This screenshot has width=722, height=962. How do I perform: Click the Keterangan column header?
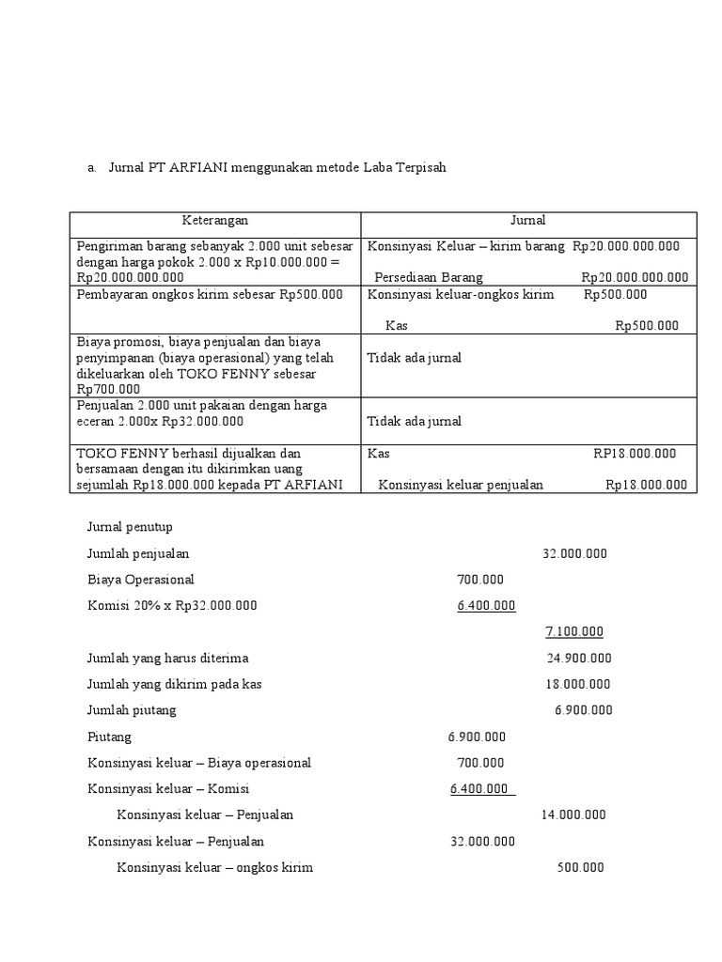pyautogui.click(x=214, y=221)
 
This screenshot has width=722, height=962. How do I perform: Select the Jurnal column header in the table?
pyautogui.click(x=527, y=221)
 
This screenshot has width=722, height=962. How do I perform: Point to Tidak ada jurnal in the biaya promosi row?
pyautogui.click(x=414, y=358)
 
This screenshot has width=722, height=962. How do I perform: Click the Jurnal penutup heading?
pyautogui.click(x=130, y=527)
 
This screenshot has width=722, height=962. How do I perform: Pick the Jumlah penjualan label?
pyautogui.click(x=138, y=553)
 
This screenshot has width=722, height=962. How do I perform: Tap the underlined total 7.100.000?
pyautogui.click(x=574, y=631)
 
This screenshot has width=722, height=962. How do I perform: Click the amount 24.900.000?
pyautogui.click(x=578, y=658)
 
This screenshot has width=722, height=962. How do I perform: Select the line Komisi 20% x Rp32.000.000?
pyautogui.click(x=171, y=606)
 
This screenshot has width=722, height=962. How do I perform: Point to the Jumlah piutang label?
pyautogui.click(x=132, y=710)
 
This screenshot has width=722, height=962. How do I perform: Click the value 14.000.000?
pyautogui.click(x=573, y=815)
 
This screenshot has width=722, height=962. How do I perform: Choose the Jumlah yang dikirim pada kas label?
pyautogui.click(x=174, y=684)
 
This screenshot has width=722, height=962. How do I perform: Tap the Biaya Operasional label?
pyautogui.click(x=140, y=580)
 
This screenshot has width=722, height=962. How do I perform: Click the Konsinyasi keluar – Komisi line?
pyautogui.click(x=167, y=788)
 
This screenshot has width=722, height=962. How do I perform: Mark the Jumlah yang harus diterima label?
pyautogui.click(x=167, y=658)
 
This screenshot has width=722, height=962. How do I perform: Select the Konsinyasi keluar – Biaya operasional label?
pyautogui.click(x=198, y=763)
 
